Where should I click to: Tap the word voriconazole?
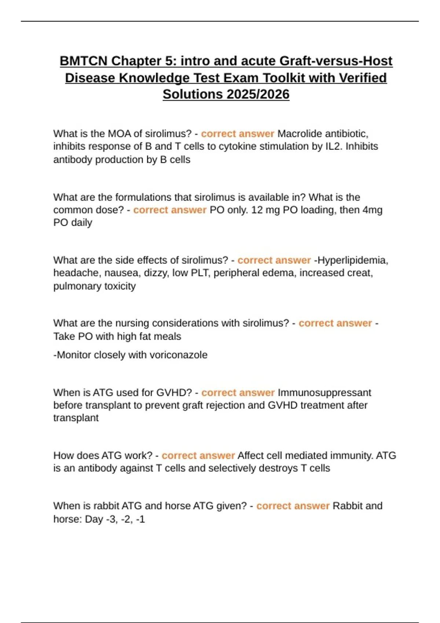[178, 355]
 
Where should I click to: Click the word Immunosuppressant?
[324, 392]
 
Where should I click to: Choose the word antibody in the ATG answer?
[95, 468]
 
